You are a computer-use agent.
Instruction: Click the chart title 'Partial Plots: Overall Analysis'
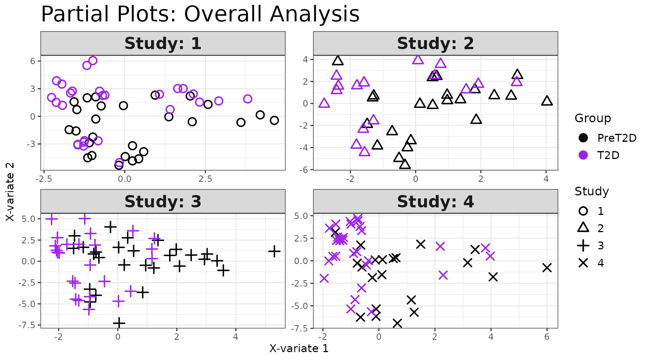coord(200,14)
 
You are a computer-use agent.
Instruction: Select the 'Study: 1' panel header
coord(163,43)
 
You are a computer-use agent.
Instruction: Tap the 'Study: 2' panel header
coord(435,43)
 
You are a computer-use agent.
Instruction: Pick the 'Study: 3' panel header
coord(163,202)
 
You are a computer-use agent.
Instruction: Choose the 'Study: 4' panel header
coord(435,202)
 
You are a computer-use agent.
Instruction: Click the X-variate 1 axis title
coord(299,349)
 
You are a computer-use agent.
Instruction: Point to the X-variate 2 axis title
coord(10,192)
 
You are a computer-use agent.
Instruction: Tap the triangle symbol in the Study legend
coord(583,228)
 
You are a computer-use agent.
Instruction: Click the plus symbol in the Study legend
coord(583,246)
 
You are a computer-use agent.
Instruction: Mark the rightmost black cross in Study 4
coord(547,268)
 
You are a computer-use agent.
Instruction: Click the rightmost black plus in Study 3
coord(274,251)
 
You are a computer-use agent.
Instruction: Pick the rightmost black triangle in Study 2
coord(547,101)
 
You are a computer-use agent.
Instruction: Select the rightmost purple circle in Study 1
coord(247,99)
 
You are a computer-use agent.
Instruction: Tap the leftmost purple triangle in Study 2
coord(324,103)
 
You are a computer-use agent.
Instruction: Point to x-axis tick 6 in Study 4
coord(547,337)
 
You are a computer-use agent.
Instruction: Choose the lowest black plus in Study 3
coord(119,322)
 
